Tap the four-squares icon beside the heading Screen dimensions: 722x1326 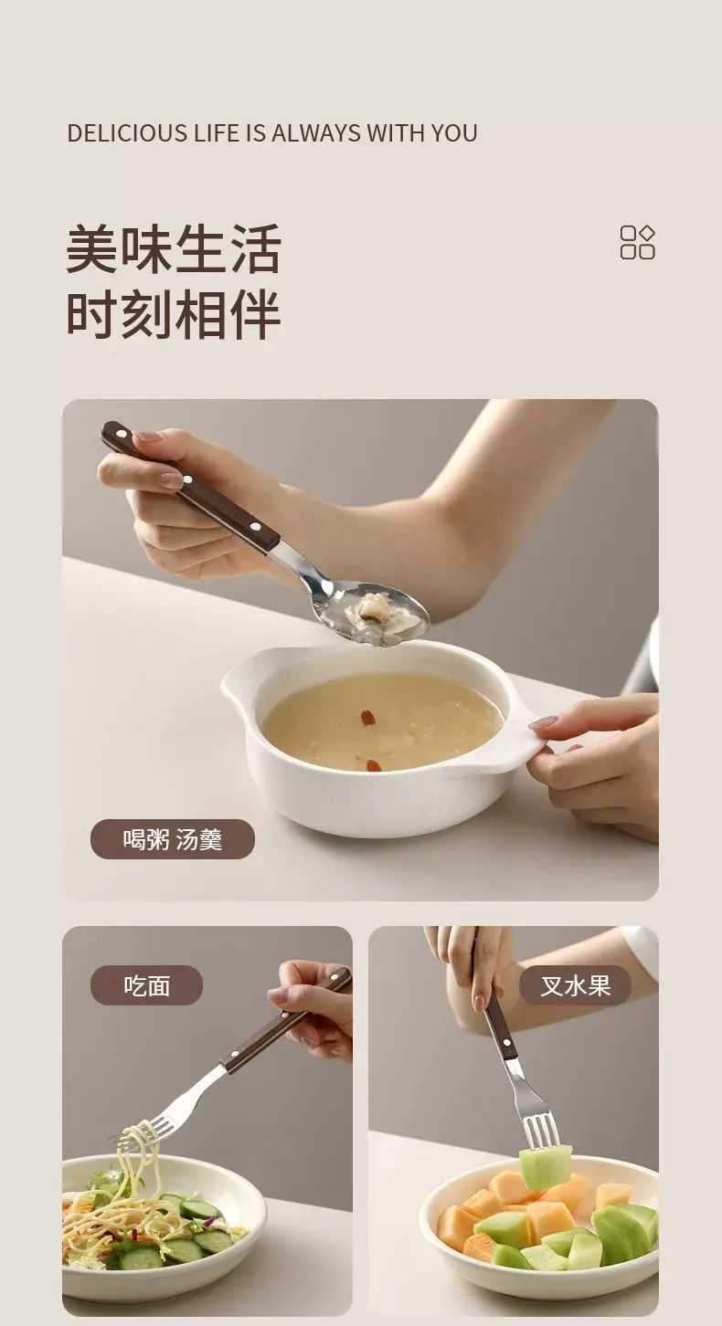tap(637, 242)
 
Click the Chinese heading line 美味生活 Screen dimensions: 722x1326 tap(173, 248)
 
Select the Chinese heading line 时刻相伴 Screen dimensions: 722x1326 tap(173, 313)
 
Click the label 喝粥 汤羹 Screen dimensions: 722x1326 tap(173, 839)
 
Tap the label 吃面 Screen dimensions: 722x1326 tap(146, 985)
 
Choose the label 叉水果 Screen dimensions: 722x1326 tap(575, 985)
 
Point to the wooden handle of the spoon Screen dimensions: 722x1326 tap(189, 486)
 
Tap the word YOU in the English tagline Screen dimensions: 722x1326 tap(453, 133)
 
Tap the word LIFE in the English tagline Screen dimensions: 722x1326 tap(217, 133)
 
